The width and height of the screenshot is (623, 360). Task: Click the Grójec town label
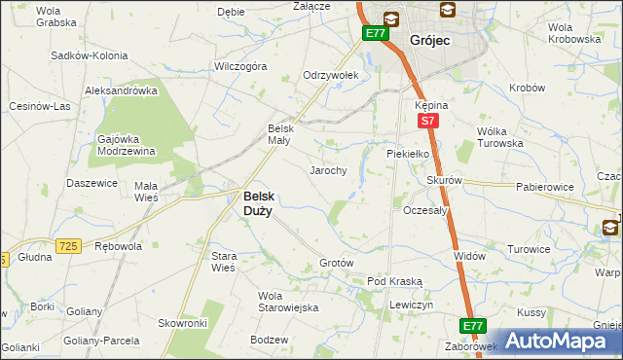point(429,40)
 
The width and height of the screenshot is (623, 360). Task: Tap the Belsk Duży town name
point(257,201)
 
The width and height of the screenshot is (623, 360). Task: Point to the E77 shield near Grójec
point(376,33)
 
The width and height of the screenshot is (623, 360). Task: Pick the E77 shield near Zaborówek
point(473,325)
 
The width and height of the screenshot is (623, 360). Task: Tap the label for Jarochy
point(328,170)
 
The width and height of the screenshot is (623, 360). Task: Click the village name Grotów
point(336,264)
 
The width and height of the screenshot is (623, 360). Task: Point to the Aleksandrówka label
point(122,90)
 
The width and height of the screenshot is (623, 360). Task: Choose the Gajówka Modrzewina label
point(127,144)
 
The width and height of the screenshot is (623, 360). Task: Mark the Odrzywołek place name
point(331,75)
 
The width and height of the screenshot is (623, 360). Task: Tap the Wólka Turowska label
point(500,137)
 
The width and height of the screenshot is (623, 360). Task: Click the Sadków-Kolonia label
point(90,55)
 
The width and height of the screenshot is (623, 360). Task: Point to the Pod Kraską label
point(394,281)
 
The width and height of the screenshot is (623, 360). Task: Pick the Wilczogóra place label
point(240,67)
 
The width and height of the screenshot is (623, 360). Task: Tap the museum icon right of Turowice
point(610,228)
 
